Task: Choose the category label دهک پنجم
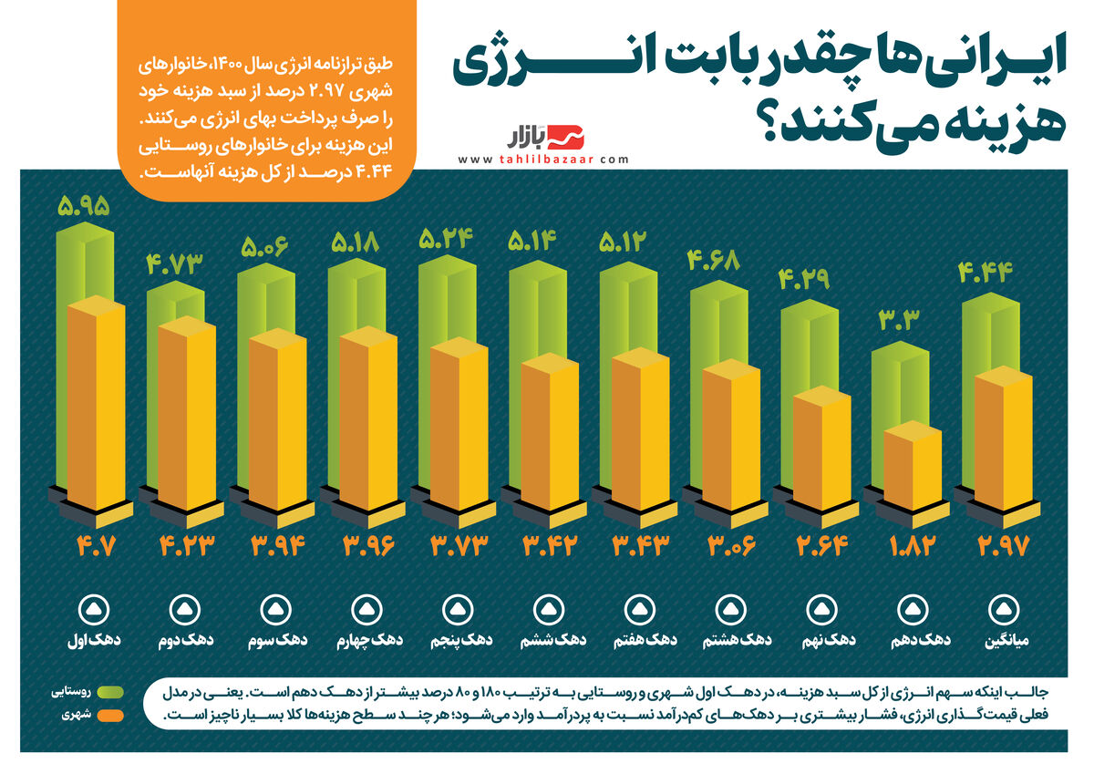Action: [x=460, y=640]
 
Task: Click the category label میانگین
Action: [x=1007, y=640]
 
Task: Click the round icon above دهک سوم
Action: [x=279, y=608]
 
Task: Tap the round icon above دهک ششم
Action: [x=551, y=608]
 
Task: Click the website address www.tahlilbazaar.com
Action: [x=543, y=160]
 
